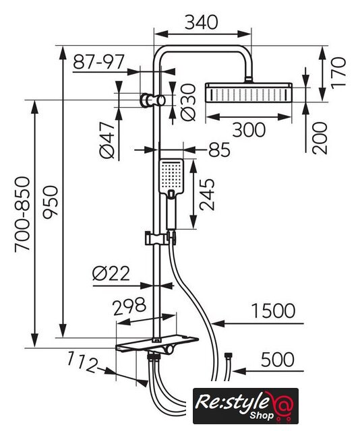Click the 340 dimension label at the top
click(201, 22)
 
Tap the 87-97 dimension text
click(99, 62)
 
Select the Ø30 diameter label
click(189, 102)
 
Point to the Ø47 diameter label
click(107, 140)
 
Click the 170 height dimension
click(338, 73)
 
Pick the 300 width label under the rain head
click(249, 130)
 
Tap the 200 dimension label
click(320, 138)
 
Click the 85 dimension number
click(219, 150)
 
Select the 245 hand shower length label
click(207, 195)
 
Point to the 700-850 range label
click(22, 214)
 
